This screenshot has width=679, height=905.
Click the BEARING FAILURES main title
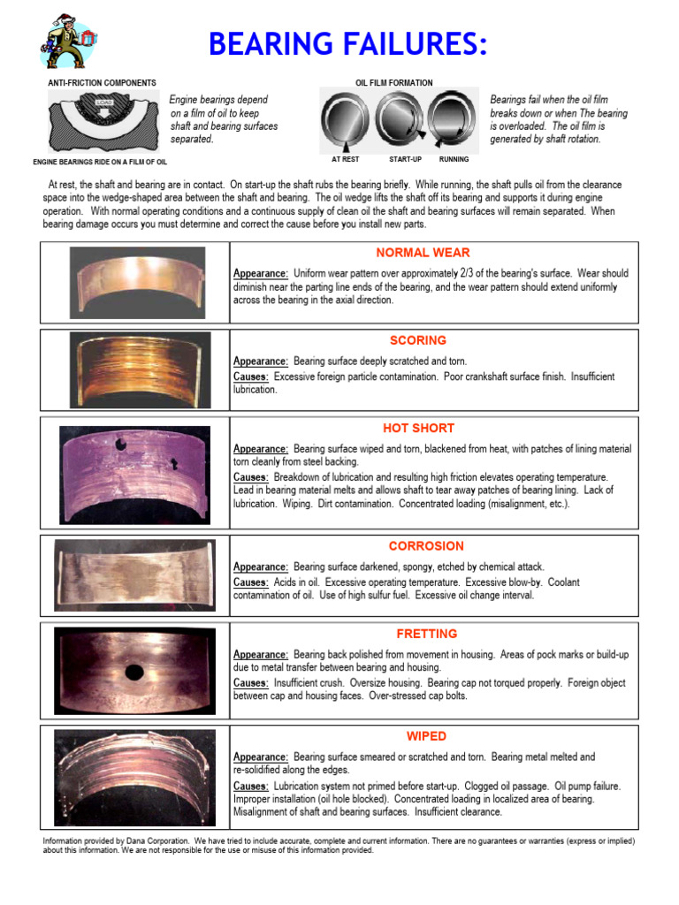[347, 43]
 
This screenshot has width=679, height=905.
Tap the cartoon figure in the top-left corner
[66, 42]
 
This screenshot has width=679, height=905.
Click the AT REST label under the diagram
[344, 160]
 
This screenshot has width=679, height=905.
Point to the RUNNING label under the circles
[454, 160]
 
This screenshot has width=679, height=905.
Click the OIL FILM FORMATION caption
[394, 83]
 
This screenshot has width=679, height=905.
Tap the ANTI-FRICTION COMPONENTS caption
[102, 83]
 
